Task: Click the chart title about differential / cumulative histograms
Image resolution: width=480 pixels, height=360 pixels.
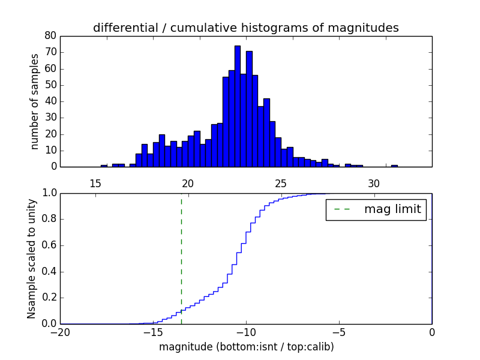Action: (245, 28)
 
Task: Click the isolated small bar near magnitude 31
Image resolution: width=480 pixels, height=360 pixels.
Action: (394, 166)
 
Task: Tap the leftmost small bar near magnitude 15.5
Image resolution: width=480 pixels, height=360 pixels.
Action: (104, 166)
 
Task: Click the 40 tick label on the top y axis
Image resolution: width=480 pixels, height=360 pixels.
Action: (50, 101)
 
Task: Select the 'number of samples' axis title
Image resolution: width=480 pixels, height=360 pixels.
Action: (35, 101)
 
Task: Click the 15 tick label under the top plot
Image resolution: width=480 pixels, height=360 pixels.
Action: (95, 183)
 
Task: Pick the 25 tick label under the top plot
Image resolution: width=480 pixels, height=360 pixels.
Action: (281, 183)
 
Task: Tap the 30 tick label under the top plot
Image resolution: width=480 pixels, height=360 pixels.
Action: (374, 183)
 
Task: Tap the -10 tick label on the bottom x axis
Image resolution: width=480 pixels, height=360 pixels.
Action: (245, 331)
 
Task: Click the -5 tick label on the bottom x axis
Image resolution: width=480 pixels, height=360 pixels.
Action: (338, 331)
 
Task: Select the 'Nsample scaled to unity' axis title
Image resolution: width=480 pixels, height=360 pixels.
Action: (32, 258)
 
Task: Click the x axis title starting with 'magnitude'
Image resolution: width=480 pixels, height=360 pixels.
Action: (246, 347)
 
